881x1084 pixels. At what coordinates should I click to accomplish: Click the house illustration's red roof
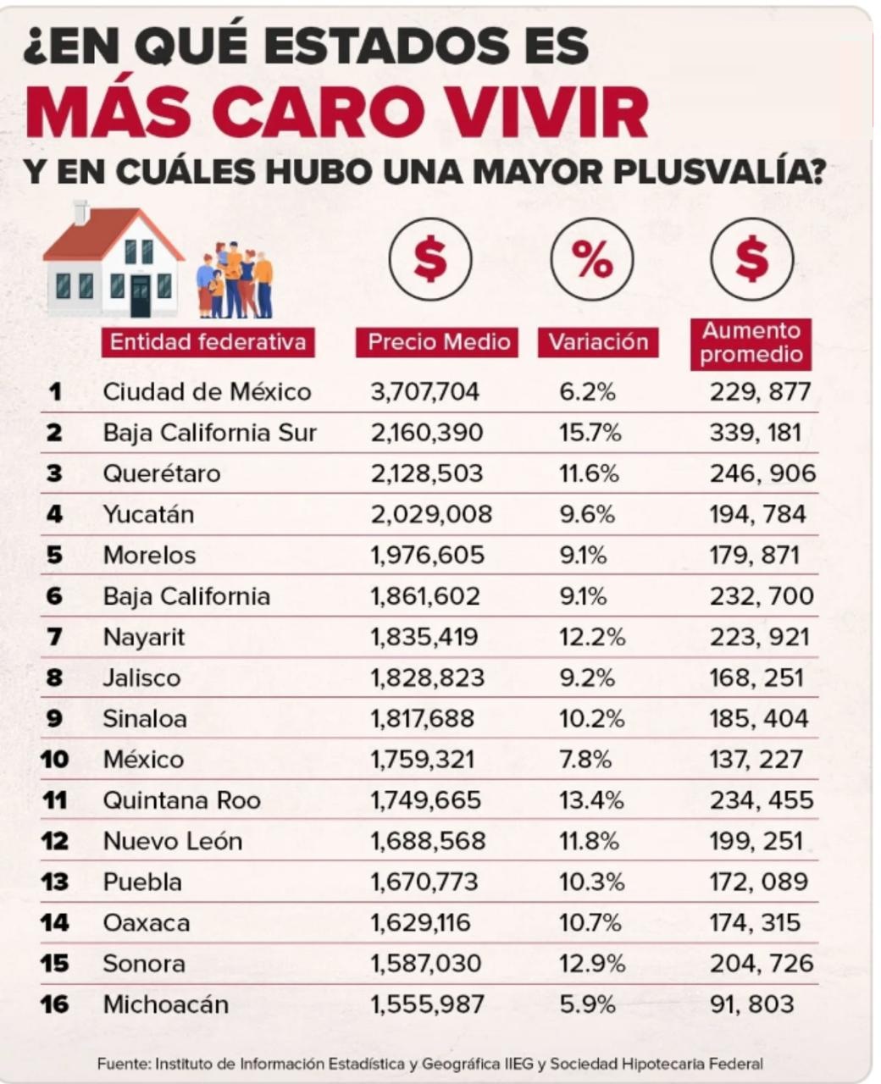pos(110,233)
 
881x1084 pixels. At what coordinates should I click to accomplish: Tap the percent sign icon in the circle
pos(592,259)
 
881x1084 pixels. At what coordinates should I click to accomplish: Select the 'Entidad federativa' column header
pos(208,342)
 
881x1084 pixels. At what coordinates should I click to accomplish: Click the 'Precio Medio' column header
pos(439,342)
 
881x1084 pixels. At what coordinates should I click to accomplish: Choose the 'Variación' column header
pos(598,342)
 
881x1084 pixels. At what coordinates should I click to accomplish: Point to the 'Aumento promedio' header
pos(751,343)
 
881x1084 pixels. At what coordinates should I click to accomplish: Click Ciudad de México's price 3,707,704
pos(424,391)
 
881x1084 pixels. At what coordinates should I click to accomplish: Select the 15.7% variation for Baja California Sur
pos(590,433)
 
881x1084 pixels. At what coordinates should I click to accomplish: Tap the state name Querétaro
pos(161,473)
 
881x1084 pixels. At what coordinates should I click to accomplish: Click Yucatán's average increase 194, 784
pos(757,514)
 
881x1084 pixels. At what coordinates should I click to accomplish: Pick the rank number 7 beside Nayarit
pos(54,637)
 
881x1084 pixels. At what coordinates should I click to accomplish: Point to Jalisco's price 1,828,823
pos(427,677)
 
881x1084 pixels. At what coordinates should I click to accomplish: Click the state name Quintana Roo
pos(181,800)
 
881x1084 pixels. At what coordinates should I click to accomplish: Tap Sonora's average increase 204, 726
pos(761,964)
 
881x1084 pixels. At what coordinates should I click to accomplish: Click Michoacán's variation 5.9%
pos(587,1004)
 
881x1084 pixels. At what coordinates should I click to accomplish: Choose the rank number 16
pos(54,1004)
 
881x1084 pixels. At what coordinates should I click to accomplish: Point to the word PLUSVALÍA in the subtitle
pos(719,171)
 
